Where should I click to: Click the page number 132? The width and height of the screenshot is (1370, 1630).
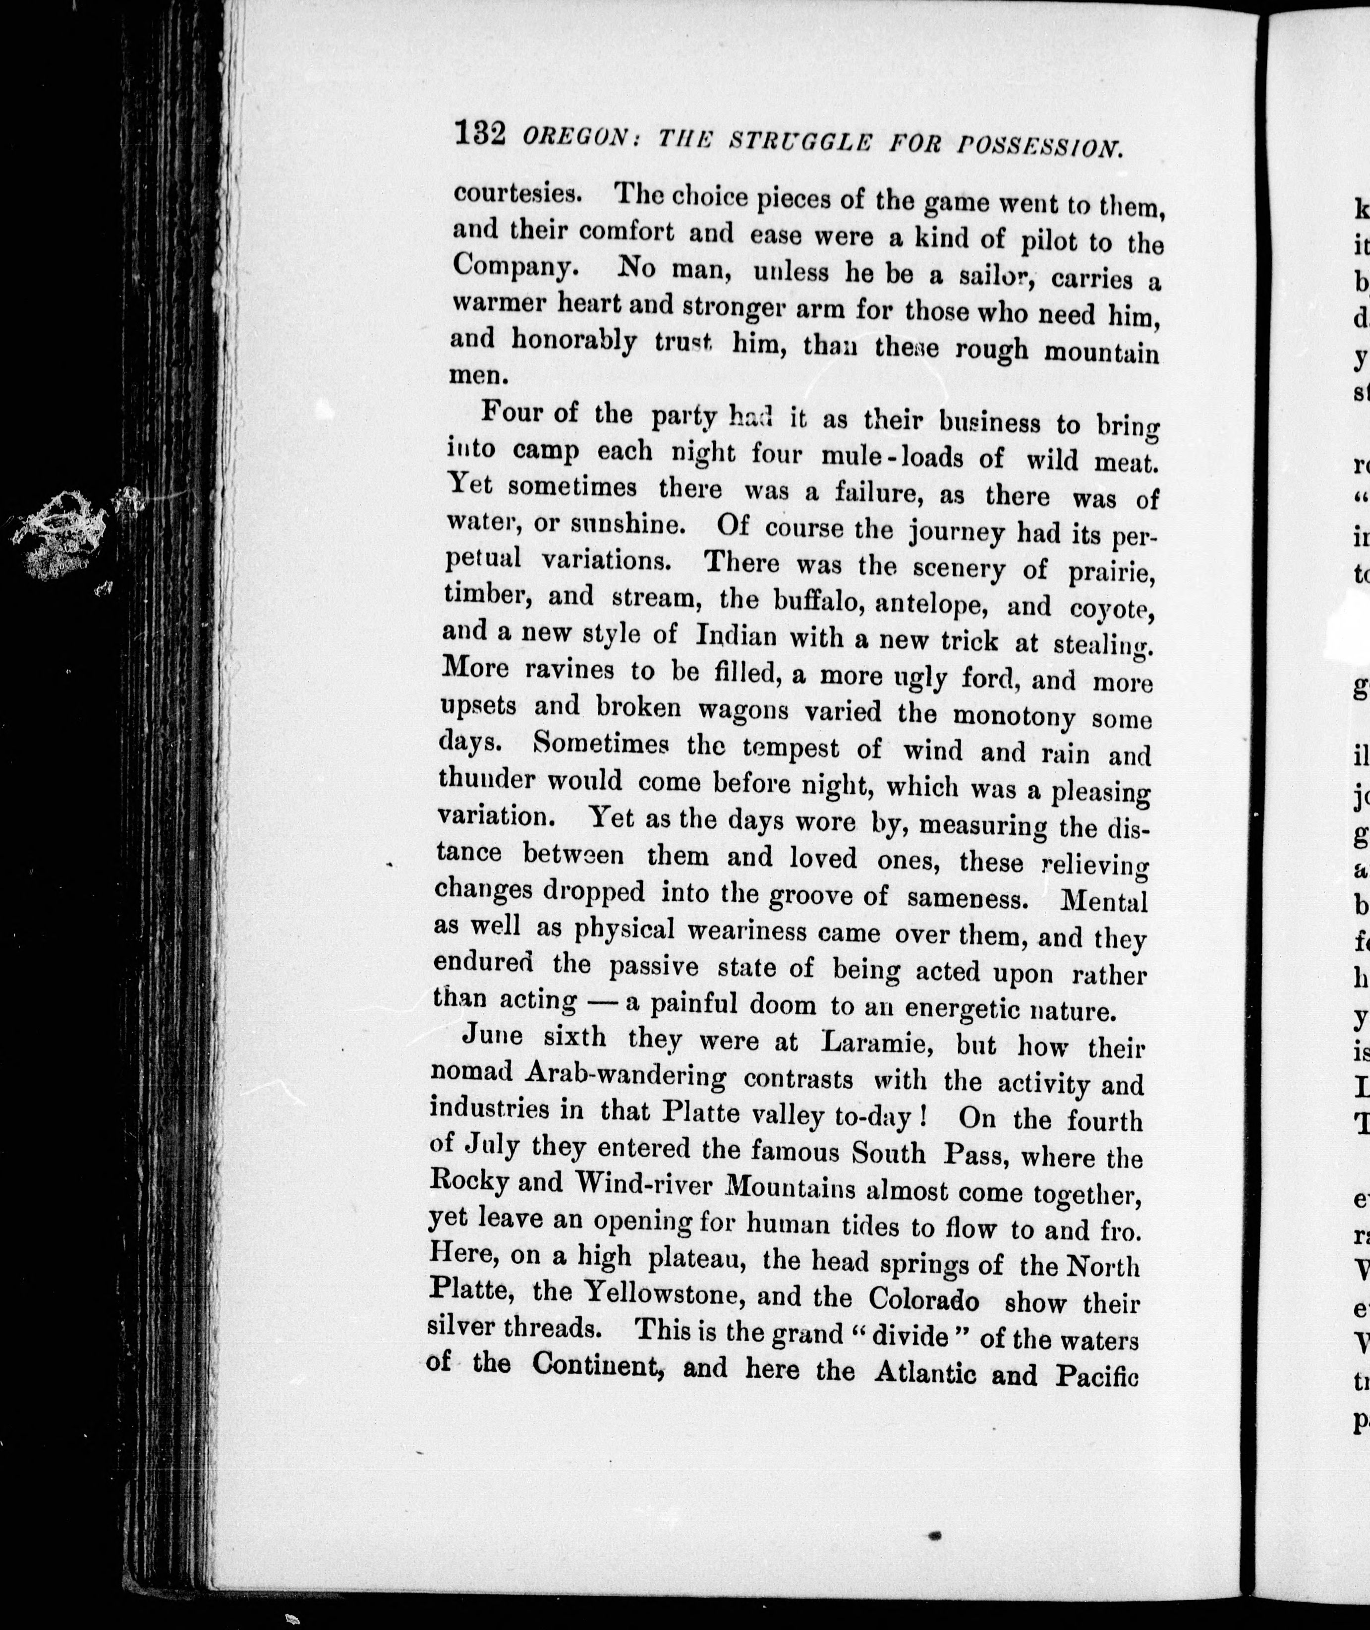pyautogui.click(x=481, y=134)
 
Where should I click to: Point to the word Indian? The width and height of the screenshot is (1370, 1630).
pyautogui.click(x=736, y=636)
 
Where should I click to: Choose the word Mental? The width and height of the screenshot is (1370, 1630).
pyautogui.click(x=1104, y=901)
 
